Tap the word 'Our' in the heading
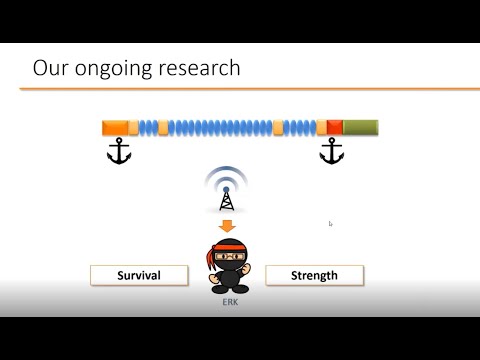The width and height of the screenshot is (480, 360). [48, 68]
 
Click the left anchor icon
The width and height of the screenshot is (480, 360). [119, 152]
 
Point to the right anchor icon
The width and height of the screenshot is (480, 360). [331, 152]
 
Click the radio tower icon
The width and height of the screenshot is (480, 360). [225, 198]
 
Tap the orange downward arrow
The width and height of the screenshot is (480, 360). [226, 226]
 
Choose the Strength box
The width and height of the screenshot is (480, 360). [314, 275]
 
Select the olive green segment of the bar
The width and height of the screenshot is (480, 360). [360, 127]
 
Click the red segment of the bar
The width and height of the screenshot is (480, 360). [335, 127]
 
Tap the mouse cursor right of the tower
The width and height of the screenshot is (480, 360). [330, 223]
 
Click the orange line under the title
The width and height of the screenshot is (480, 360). [240, 89]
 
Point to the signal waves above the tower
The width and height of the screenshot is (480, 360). [225, 177]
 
